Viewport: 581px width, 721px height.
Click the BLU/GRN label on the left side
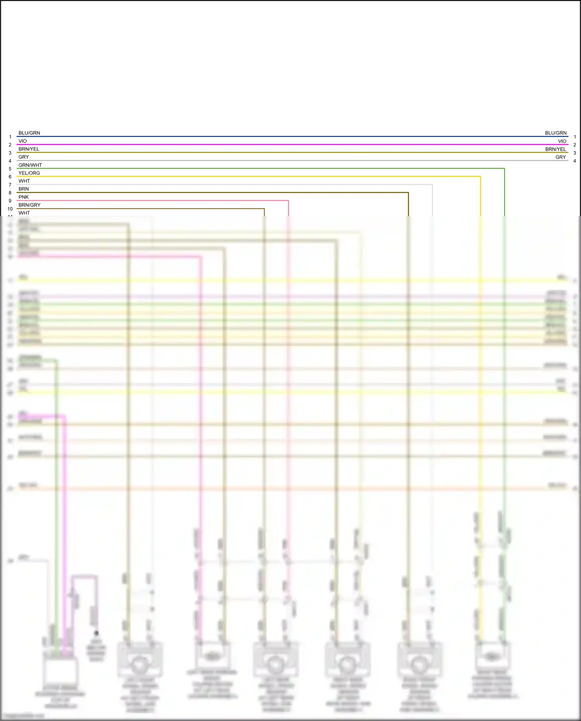29,133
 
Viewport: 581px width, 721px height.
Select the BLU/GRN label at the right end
555,133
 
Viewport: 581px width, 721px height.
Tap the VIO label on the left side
22,141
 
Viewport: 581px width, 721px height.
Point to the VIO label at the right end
562,141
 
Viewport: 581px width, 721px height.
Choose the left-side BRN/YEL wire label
29,149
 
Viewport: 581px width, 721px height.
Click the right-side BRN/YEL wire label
555,149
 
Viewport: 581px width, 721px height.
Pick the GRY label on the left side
24,157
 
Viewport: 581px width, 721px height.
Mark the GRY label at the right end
560,157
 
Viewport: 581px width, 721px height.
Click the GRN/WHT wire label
30,165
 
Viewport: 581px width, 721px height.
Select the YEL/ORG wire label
29,173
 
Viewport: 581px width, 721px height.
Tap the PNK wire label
24,197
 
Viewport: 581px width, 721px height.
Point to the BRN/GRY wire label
29,205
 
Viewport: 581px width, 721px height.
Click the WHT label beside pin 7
24,181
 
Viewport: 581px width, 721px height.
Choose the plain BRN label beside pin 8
24,189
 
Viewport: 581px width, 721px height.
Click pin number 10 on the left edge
10,209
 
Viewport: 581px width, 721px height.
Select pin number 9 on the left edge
10,201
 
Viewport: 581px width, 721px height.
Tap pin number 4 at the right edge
575,161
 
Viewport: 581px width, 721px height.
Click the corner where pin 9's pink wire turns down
288,201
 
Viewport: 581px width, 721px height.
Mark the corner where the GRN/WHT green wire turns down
504,169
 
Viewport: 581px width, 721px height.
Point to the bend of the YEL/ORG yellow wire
480,177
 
